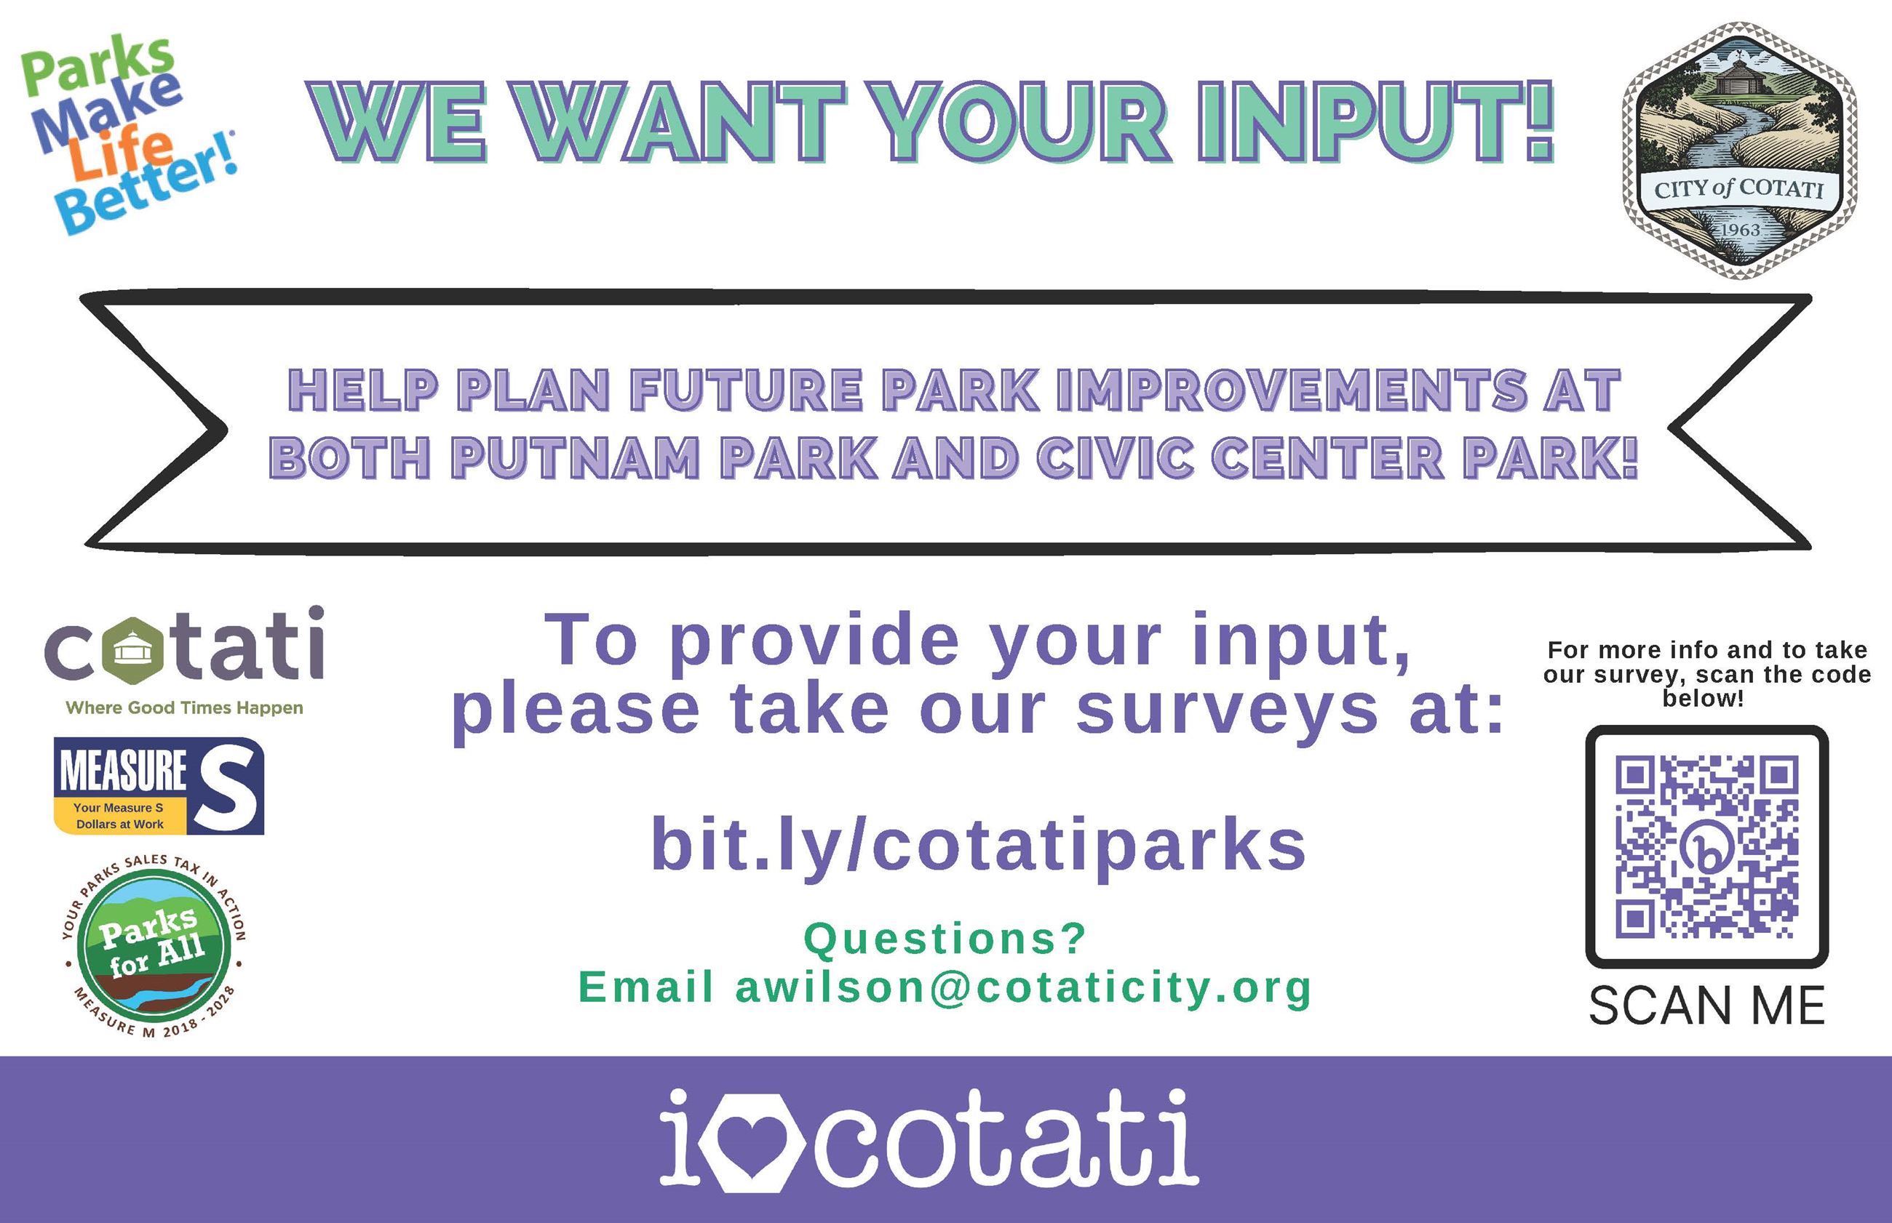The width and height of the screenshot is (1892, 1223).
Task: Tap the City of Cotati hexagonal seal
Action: tap(1738, 151)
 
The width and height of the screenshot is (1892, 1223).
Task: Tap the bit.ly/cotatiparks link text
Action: tap(978, 846)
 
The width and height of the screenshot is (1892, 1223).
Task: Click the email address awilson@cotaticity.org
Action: tap(1023, 988)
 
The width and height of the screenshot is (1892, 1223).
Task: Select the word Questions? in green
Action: tap(945, 939)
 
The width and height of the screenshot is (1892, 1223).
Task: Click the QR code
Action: tap(1707, 846)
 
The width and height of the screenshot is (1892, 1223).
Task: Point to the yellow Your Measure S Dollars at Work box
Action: tap(119, 816)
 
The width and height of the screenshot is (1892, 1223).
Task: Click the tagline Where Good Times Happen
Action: tap(184, 707)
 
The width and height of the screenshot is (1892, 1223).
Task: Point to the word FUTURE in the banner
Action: tap(747, 390)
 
